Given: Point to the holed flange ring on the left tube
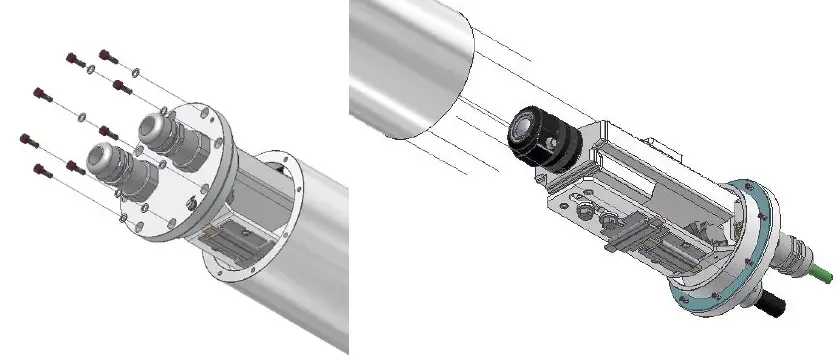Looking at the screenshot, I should pos(250,215).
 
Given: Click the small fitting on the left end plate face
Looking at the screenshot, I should pos(191,206).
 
